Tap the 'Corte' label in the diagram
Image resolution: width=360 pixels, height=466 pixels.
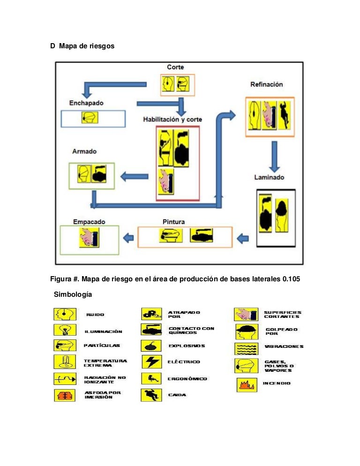pos(175,67)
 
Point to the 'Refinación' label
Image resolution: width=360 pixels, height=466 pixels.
pos(267,84)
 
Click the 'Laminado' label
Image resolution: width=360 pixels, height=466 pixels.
pos(269,178)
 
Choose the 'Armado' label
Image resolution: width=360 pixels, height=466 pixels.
pos(84,151)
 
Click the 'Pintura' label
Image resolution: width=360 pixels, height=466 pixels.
pos(173,221)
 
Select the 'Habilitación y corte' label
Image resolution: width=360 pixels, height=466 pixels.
pos(172,120)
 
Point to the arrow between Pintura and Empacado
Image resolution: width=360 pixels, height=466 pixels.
pos(127,238)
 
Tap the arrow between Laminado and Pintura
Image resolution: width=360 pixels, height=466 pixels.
pos(243,238)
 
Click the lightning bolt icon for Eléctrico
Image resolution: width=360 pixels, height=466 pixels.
pos(151,362)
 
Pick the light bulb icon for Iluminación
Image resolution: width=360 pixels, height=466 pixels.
pos(62,330)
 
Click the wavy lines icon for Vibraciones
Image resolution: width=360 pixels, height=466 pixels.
pos(246,348)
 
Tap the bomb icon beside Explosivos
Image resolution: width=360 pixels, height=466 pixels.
pos(151,346)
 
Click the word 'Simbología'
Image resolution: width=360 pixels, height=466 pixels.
pos(73,295)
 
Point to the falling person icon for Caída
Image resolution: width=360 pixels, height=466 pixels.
pos(151,395)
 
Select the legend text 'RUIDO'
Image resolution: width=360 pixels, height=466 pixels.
pos(95,315)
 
